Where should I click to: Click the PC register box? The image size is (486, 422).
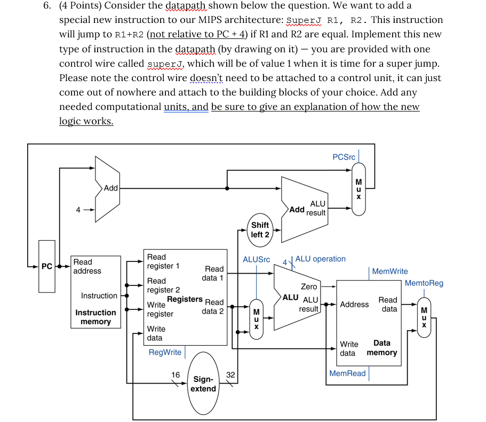tap(47, 266)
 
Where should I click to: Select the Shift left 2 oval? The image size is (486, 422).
tap(260, 230)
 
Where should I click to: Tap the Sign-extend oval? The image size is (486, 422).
tap(203, 384)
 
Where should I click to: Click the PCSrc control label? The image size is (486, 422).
tap(344, 157)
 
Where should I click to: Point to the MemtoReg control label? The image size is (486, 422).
tap(424, 283)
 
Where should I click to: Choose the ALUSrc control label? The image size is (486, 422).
tap(256, 259)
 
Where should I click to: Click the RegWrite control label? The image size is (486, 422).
tap(165, 352)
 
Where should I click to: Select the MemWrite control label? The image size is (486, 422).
tap(389, 271)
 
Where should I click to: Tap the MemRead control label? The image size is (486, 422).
tap(347, 373)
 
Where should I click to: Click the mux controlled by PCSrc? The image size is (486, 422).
tap(358, 188)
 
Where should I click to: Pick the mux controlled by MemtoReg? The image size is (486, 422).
tap(424, 317)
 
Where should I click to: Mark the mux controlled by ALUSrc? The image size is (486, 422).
tap(256, 318)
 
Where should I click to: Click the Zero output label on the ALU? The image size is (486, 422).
tap(309, 286)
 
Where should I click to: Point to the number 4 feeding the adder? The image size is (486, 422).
tap(78, 210)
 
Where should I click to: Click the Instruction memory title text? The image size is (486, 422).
tap(95, 317)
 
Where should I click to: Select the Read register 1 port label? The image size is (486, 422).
tap(163, 261)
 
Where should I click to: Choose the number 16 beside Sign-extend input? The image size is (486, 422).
tap(175, 375)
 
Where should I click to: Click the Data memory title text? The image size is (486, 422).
tap(382, 348)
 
